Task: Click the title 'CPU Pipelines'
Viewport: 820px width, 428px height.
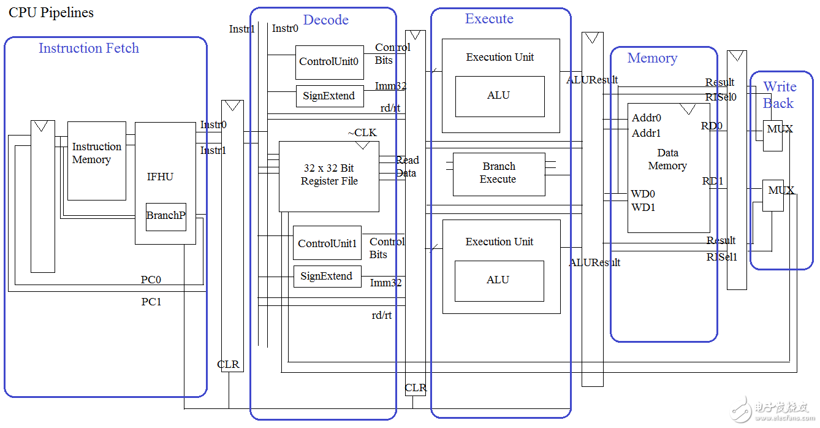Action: (51, 12)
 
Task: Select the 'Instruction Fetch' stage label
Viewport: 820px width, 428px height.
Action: (89, 48)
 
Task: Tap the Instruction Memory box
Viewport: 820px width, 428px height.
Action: (96, 160)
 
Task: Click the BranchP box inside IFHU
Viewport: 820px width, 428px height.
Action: (165, 216)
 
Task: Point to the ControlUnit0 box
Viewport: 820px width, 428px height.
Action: (329, 62)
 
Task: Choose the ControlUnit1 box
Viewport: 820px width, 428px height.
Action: (327, 243)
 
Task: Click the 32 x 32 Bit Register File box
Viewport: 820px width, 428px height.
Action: (329, 175)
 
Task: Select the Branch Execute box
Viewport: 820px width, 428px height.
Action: (498, 174)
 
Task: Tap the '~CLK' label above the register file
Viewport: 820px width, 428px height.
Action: (362, 133)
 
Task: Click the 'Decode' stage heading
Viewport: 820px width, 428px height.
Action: (326, 20)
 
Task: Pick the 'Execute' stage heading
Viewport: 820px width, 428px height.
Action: (489, 19)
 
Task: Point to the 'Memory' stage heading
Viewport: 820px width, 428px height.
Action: (652, 58)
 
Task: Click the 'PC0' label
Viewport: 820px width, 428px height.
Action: (151, 280)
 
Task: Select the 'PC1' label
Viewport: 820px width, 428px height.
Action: (151, 302)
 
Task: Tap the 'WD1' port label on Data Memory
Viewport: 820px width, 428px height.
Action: (643, 208)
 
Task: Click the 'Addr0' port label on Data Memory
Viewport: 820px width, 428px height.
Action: (647, 118)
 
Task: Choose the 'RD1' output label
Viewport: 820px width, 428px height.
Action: (713, 182)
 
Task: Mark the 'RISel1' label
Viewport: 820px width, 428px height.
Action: (721, 258)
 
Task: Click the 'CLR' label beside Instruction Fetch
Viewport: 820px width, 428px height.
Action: (229, 364)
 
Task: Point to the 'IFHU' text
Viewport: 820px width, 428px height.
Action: (160, 177)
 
